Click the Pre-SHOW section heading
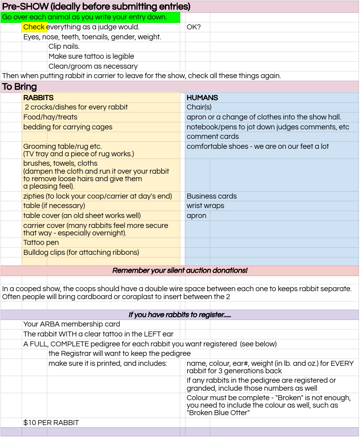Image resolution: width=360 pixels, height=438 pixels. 96,7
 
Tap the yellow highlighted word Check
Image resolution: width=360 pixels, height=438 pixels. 34,27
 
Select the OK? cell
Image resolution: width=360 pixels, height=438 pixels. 194,27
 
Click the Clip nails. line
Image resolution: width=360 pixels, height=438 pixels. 64,46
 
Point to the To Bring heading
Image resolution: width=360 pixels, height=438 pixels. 19,87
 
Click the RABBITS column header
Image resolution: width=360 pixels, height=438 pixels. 38,98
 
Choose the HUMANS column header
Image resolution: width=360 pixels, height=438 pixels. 202,98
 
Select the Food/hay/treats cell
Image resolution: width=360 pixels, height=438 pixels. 50,117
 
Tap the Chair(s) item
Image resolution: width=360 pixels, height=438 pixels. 199,107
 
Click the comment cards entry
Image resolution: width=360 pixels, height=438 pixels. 213,136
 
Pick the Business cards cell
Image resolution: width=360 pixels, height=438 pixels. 212,196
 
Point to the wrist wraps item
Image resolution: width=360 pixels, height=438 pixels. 205,206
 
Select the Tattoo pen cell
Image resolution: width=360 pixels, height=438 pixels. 41,242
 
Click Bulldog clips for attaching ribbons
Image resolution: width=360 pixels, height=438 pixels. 81,252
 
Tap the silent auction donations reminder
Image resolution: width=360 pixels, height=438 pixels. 180,270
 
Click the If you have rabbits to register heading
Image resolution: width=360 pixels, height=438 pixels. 180,315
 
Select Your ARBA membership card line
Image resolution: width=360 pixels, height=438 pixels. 72,324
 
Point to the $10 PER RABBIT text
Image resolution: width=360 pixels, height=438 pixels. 51,423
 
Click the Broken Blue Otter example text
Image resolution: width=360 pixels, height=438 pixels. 218,412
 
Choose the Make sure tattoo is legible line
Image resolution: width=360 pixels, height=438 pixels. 91,56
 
